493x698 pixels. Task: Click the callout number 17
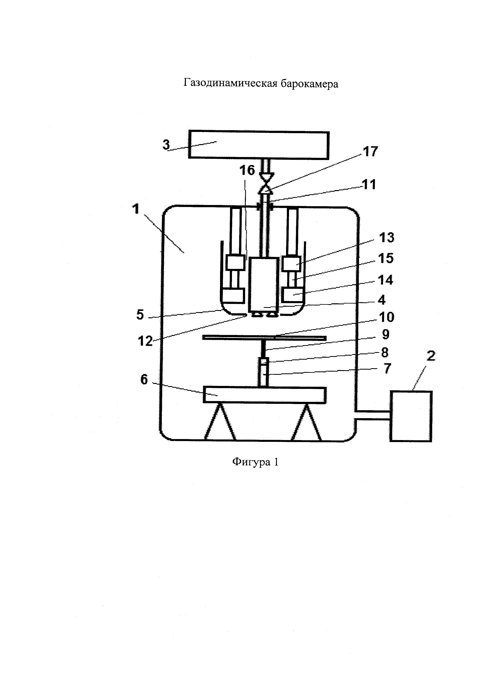(x=370, y=151)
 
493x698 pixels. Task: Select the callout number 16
(x=247, y=170)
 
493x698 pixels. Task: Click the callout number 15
(x=385, y=258)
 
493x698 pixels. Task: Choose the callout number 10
(x=386, y=317)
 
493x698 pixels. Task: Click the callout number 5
(x=140, y=315)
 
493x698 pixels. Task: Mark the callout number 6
(x=144, y=380)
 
